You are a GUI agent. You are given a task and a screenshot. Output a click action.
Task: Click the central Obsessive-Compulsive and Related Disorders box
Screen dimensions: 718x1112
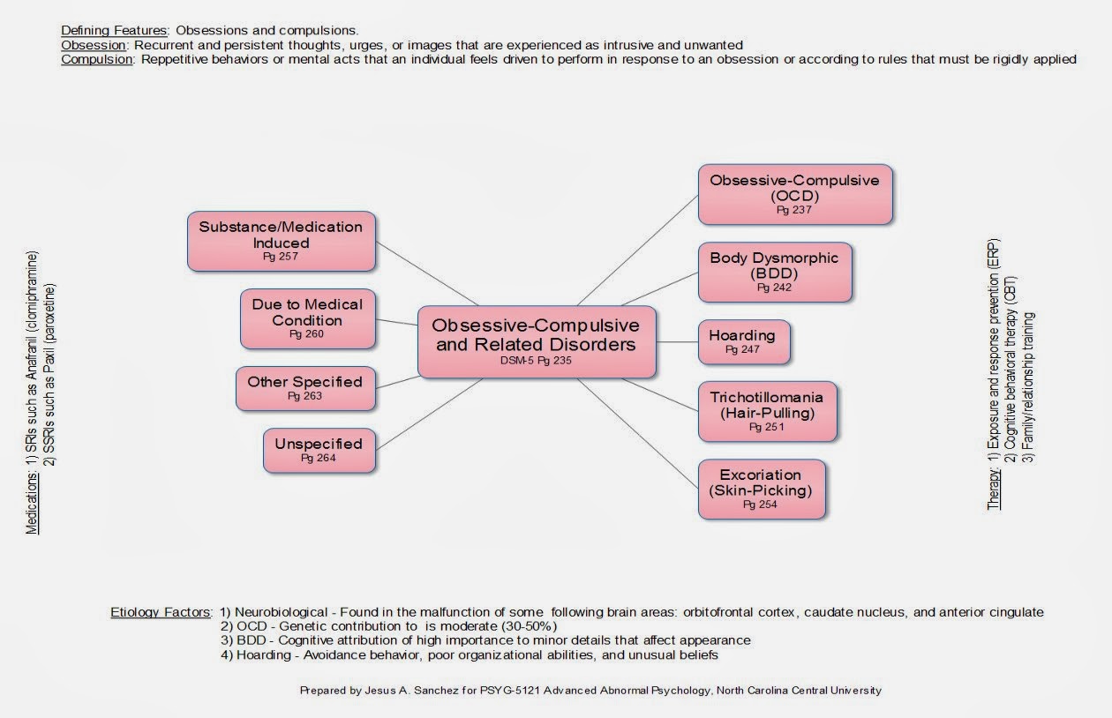537,342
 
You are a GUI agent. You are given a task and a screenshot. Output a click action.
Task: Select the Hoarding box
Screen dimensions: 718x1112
743,342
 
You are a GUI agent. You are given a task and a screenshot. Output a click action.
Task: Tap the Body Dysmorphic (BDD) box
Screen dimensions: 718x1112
775,272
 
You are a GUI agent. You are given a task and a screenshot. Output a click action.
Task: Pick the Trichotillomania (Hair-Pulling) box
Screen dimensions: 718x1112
766,411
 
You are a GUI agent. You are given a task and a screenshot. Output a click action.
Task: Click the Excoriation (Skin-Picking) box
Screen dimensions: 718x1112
761,489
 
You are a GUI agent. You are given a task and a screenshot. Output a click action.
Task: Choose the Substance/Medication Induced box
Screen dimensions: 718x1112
281,240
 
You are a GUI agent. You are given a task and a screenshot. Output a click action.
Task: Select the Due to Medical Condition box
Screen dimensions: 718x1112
307,318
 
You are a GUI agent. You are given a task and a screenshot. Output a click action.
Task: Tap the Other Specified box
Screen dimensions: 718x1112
304,388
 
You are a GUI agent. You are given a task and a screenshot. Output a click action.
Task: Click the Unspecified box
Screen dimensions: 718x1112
318,449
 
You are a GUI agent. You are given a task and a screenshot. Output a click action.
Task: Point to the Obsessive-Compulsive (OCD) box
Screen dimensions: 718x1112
794,193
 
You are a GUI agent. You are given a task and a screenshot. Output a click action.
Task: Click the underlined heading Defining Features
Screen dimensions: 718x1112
114,30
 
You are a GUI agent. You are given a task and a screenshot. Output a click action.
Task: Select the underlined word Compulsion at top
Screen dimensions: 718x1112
94,60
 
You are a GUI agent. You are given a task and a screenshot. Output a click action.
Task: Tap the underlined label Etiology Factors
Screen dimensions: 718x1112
161,612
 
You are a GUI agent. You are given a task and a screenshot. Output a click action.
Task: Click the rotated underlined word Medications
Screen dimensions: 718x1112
33,503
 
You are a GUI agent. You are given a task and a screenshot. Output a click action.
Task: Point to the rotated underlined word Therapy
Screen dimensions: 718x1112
994,490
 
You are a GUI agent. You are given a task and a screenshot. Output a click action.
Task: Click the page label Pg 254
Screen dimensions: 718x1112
760,505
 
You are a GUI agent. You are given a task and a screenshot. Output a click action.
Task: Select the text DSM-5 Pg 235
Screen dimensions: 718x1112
537,361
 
